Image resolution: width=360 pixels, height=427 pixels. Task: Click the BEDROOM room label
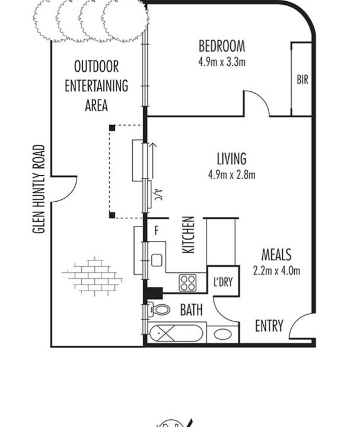(222, 46)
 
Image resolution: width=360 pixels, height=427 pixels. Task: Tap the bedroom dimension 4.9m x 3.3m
(222, 62)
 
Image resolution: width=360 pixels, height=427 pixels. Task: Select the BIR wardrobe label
(302, 80)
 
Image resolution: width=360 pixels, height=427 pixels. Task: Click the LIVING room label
(231, 159)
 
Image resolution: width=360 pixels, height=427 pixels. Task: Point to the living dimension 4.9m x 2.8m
(232, 174)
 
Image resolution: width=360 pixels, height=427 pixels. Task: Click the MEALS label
(276, 255)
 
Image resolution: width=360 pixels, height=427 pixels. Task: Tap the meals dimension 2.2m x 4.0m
(276, 270)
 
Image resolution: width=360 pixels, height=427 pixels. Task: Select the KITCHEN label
(189, 235)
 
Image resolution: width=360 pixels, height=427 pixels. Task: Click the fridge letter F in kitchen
(157, 231)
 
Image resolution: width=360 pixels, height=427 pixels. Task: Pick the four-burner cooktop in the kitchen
(187, 283)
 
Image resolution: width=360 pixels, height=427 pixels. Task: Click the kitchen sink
(157, 260)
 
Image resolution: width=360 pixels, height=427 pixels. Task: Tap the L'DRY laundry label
(223, 282)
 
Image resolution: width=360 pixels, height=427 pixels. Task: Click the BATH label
(192, 310)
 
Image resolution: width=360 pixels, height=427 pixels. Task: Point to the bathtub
(176, 333)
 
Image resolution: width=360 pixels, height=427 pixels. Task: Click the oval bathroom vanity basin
(223, 334)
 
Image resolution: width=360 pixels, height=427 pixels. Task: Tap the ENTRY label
(269, 326)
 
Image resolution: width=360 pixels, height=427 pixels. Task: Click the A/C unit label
(158, 195)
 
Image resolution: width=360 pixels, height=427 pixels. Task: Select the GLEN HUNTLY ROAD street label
(39, 189)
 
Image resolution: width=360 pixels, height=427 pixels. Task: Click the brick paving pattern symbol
(93, 276)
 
